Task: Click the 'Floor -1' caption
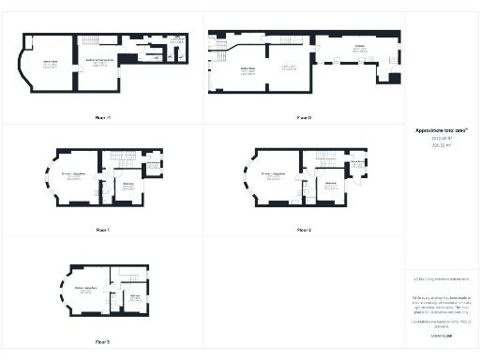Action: pyautogui.click(x=103, y=118)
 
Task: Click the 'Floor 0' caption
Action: pyautogui.click(x=304, y=118)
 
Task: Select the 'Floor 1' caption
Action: pyautogui.click(x=103, y=229)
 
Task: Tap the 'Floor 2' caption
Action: pyautogui.click(x=304, y=229)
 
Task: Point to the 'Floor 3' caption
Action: pyautogui.click(x=102, y=341)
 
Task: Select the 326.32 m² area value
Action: pyautogui.click(x=440, y=146)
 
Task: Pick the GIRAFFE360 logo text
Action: pyautogui.click(x=441, y=335)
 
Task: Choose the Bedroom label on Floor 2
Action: pyautogui.click(x=330, y=185)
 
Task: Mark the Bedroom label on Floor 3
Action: pyautogui.click(x=134, y=296)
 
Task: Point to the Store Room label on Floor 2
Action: pyautogui.click(x=356, y=162)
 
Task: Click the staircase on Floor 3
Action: pyautogui.click(x=128, y=276)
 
